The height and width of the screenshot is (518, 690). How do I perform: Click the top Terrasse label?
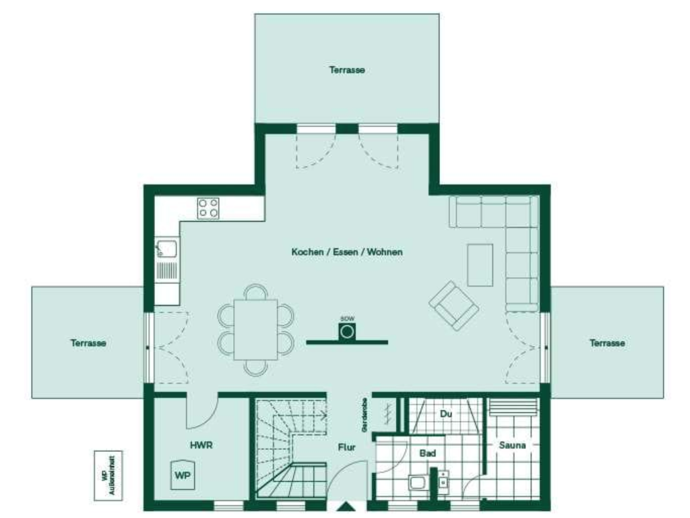pyautogui.click(x=347, y=69)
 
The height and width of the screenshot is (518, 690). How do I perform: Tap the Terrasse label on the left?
pyautogui.click(x=88, y=343)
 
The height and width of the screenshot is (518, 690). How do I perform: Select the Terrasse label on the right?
pyautogui.click(x=607, y=343)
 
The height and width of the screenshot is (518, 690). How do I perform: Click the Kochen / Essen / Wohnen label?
pyautogui.click(x=347, y=252)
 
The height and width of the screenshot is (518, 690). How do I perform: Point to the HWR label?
pyautogui.click(x=201, y=445)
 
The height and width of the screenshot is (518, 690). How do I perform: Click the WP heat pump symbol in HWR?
pyautogui.click(x=182, y=474)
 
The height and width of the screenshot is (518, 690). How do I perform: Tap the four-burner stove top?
pyautogui.click(x=208, y=208)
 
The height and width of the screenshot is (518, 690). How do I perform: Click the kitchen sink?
pyautogui.click(x=166, y=249)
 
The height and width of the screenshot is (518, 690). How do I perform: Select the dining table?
pyautogui.click(x=255, y=330)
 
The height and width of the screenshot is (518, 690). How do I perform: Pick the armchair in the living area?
pyautogui.click(x=454, y=305)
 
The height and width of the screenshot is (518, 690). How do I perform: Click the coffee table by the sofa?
pyautogui.click(x=480, y=264)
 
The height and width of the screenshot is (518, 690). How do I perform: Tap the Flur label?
pyautogui.click(x=346, y=446)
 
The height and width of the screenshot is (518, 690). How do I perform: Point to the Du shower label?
pyautogui.click(x=445, y=413)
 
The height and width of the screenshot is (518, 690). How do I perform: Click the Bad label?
pyautogui.click(x=427, y=453)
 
